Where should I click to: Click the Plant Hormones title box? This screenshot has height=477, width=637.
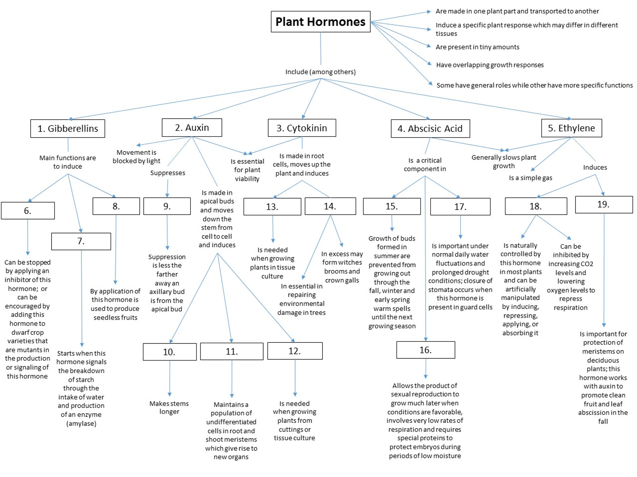coord(320,22)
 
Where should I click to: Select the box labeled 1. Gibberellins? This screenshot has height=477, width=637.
coord(68,128)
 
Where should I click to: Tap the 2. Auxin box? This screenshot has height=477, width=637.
coord(192,127)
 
